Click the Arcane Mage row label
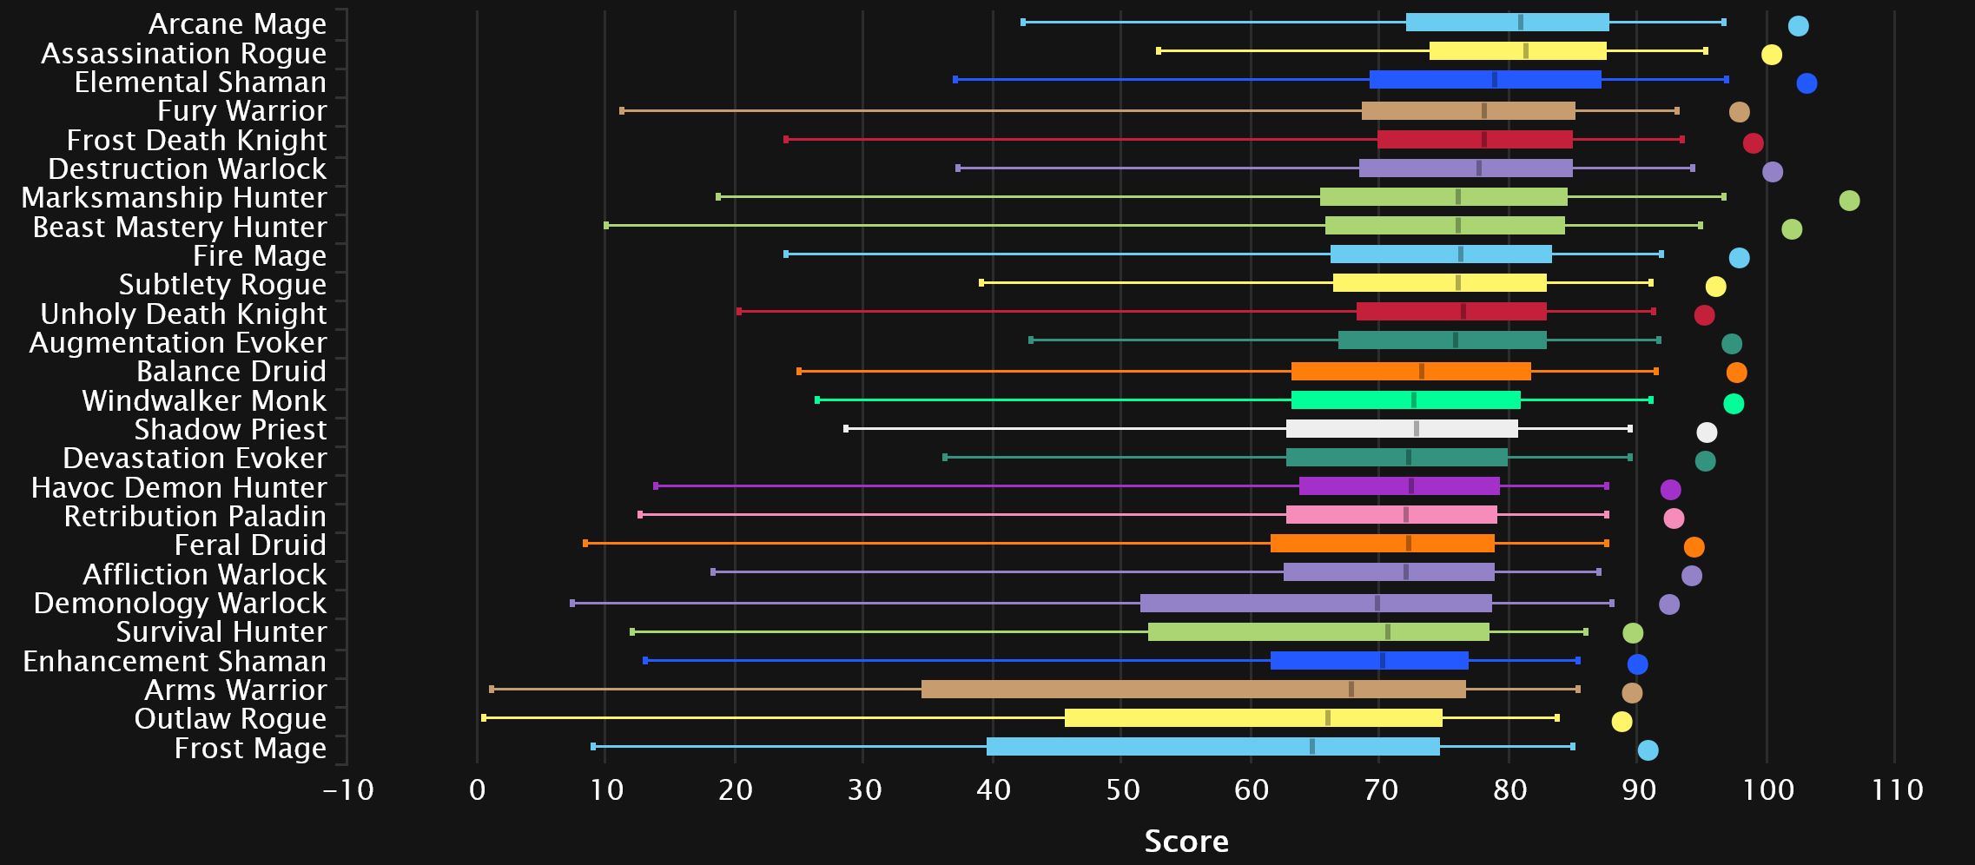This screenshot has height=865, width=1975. point(237,24)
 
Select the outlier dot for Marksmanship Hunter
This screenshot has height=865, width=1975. point(1849,201)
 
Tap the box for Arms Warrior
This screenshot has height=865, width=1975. point(1192,690)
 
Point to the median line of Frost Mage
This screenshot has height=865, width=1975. point(1311,747)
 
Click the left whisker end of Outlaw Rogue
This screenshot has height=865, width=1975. point(484,718)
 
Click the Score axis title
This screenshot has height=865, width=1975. point(1186,841)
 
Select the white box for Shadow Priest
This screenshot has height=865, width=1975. point(1401,429)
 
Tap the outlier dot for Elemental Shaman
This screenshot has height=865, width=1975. point(1807,83)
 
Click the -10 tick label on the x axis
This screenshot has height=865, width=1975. point(348,790)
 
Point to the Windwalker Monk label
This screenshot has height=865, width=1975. point(204,401)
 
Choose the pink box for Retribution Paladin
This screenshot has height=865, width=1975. point(1391,515)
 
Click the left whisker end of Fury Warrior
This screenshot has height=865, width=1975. point(622,111)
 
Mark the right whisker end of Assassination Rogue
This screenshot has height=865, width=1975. point(1705,51)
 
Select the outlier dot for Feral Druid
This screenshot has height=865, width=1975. point(1694,547)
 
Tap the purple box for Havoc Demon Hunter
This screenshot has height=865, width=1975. point(1398,486)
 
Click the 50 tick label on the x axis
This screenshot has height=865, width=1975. point(1122,790)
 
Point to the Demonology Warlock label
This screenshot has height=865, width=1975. point(180,604)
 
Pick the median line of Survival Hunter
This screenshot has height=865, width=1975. point(1387,632)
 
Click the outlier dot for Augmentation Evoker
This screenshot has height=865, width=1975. point(1731,344)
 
